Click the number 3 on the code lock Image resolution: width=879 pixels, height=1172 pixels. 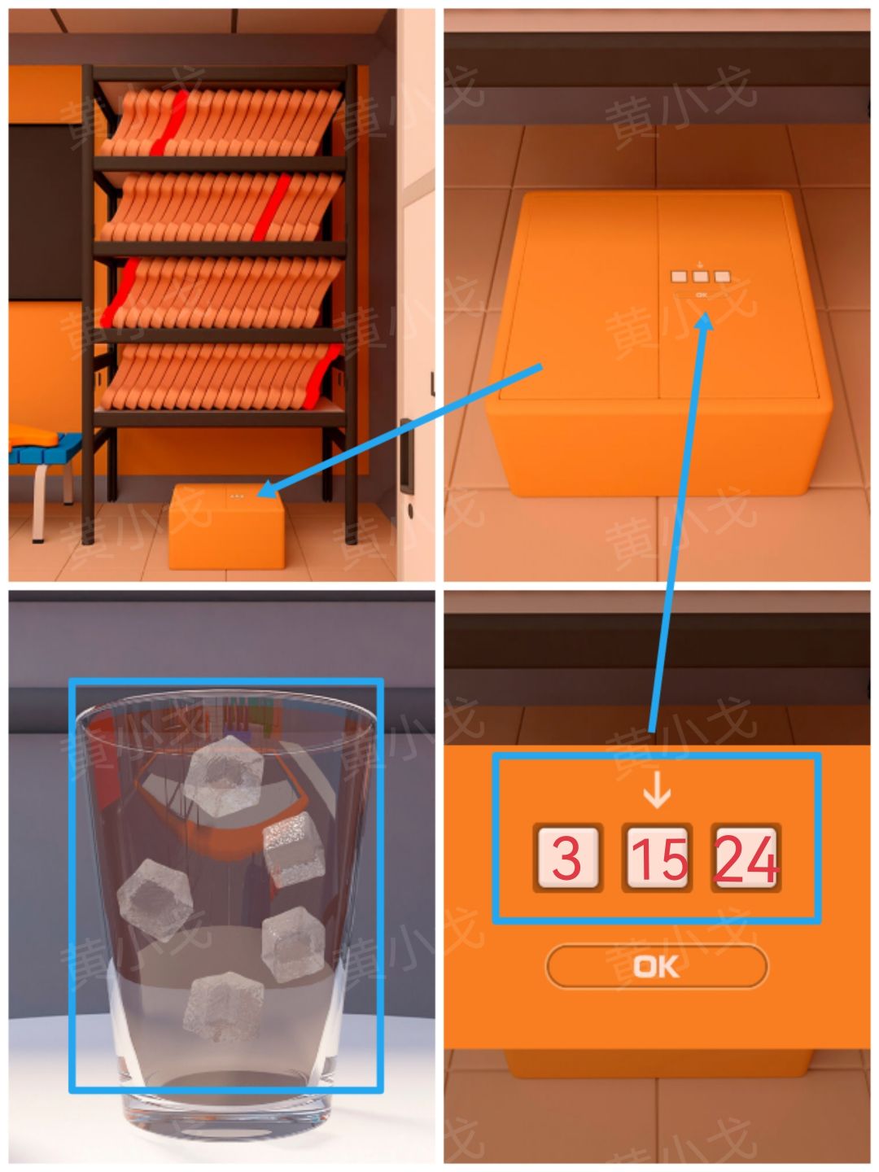[566, 857]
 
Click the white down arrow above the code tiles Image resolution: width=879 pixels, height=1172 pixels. [657, 789]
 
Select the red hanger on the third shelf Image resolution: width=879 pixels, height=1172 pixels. [120, 293]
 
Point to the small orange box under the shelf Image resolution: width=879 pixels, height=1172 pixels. [226, 527]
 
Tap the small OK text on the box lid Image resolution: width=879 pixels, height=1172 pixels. [702, 295]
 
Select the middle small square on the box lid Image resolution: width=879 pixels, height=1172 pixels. [700, 277]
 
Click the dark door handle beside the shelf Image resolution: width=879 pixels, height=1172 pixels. [405, 456]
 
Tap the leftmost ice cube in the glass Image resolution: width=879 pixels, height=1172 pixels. [155, 899]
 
